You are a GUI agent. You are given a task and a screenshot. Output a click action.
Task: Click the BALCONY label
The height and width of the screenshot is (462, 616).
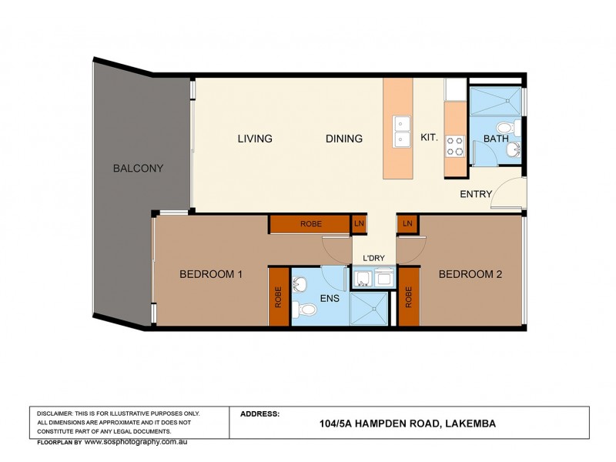click(x=138, y=168)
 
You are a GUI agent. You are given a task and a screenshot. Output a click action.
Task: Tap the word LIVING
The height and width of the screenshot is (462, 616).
click(x=254, y=139)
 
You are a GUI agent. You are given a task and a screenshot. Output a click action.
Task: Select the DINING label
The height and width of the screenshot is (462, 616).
click(x=343, y=139)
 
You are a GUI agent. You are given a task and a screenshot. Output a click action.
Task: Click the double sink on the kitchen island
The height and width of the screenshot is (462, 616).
click(x=401, y=131)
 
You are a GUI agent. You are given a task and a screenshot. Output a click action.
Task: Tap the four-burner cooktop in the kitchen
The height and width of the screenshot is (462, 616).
click(x=454, y=145)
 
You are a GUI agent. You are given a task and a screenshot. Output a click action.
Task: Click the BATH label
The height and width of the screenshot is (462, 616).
click(x=495, y=139)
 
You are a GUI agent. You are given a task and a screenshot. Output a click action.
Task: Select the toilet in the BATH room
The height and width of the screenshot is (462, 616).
click(x=504, y=127)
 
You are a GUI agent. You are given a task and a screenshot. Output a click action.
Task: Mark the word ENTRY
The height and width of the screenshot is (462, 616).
click(x=475, y=194)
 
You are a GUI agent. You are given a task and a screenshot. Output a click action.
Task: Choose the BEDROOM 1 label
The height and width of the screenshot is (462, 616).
click(x=211, y=273)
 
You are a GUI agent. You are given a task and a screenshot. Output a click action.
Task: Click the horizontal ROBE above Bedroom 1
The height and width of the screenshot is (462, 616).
click(x=310, y=224)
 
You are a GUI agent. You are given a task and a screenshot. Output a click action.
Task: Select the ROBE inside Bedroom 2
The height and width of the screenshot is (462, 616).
click(x=408, y=296)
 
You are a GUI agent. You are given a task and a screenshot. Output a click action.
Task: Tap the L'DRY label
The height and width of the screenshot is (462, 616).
click(x=373, y=257)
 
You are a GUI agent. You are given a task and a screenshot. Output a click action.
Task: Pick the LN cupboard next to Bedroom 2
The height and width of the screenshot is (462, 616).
click(x=407, y=223)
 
